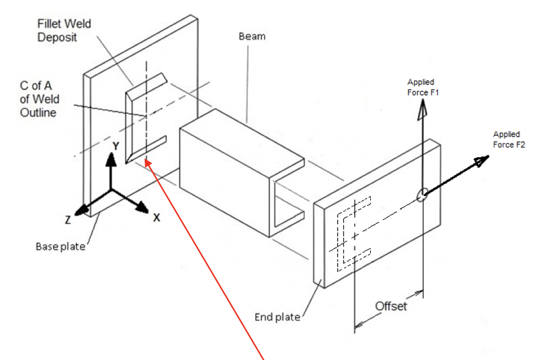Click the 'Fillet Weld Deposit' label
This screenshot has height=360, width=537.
pyautogui.click(x=64, y=31)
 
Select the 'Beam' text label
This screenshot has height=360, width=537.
pyautogui.click(x=252, y=36)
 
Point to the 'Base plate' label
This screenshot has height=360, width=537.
pyautogui.click(x=60, y=246)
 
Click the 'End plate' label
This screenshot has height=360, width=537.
pyautogui.click(x=277, y=317)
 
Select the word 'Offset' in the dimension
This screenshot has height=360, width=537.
pyautogui.click(x=391, y=306)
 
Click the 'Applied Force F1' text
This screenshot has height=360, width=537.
pyautogui.click(x=421, y=87)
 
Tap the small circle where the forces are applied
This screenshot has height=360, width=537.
pyautogui.click(x=422, y=195)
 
